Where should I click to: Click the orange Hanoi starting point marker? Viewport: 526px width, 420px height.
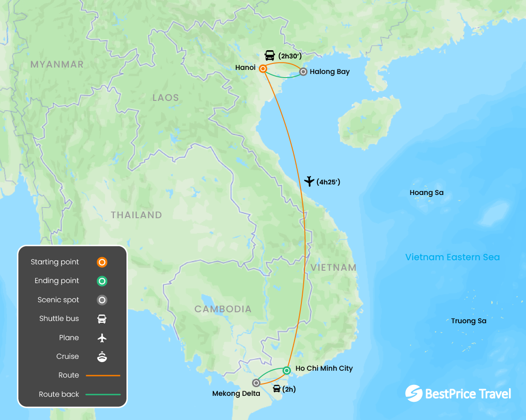[x=263, y=69]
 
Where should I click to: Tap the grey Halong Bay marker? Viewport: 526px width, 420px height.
[x=303, y=72]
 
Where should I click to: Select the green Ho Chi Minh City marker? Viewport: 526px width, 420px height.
[x=286, y=370]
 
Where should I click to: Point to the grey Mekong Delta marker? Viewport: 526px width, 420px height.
[x=256, y=383]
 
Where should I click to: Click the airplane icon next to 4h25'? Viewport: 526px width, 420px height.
[x=310, y=181]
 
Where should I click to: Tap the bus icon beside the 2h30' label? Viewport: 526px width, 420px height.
[x=270, y=56]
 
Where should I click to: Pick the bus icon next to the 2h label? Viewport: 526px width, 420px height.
[x=277, y=389]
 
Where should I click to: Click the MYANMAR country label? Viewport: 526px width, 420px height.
[x=57, y=64]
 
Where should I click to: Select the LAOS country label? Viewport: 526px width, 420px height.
[x=166, y=98]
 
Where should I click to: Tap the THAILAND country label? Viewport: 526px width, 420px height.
[x=137, y=215]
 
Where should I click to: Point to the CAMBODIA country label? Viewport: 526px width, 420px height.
[x=223, y=309]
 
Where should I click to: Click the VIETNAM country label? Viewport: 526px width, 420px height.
[x=333, y=268]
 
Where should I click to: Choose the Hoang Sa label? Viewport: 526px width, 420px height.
[x=426, y=193]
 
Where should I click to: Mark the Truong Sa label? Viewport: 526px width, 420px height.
[x=468, y=321]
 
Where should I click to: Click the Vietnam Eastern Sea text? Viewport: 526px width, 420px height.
[x=452, y=257]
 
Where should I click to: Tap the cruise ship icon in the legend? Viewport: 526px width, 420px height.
[x=102, y=356]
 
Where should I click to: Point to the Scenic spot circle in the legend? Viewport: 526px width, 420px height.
[x=102, y=300]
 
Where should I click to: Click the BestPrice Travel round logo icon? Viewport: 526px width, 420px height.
[x=414, y=394]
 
